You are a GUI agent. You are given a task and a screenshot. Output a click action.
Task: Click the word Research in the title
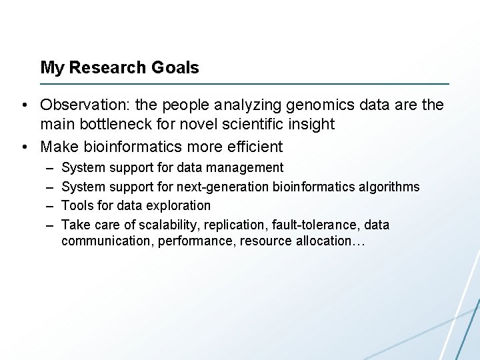click(106, 67)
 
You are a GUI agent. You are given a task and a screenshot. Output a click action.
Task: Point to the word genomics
click(319, 105)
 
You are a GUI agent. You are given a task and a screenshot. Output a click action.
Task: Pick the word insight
click(311, 124)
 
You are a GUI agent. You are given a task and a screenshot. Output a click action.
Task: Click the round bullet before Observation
click(23, 105)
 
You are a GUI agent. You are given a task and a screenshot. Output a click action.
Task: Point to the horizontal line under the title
click(245, 84)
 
